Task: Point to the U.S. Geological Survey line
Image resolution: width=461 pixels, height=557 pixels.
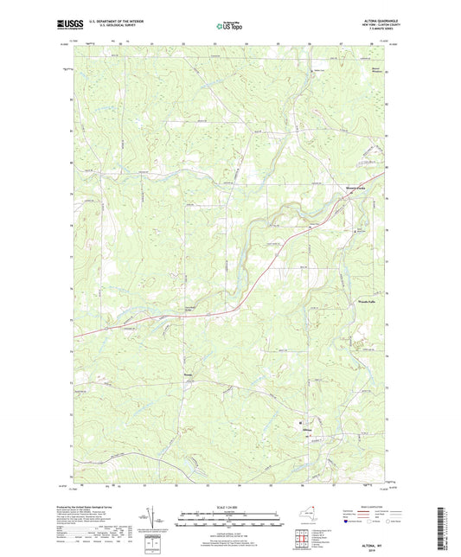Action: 104,28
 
